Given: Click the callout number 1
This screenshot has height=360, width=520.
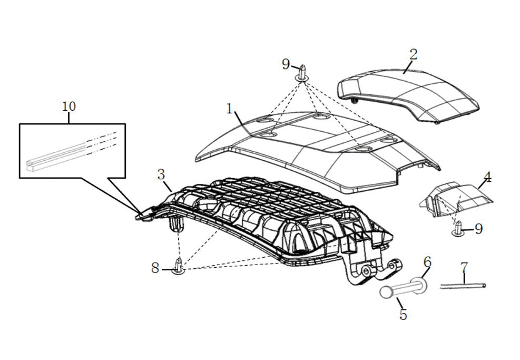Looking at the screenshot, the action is [x=230, y=108].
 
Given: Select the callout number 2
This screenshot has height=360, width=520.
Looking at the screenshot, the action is [x=413, y=54].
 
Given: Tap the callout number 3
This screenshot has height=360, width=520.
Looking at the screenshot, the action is [x=161, y=174].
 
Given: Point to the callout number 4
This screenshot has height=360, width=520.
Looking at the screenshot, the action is [x=487, y=178].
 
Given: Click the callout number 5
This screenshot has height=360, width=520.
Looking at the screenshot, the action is [x=403, y=315].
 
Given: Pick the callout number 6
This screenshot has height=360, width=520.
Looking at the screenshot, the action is [x=427, y=262].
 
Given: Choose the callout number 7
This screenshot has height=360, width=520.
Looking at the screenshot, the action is [x=464, y=267].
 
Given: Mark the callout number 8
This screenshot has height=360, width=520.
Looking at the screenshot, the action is [x=155, y=268].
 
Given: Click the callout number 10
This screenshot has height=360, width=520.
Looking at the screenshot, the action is [x=69, y=106].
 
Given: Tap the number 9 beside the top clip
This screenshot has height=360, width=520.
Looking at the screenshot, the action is [x=286, y=64].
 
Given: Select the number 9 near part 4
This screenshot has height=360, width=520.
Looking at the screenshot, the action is [x=478, y=229].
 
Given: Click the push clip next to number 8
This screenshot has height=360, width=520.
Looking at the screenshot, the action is [x=179, y=267].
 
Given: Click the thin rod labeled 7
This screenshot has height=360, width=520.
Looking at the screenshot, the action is [x=463, y=286].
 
